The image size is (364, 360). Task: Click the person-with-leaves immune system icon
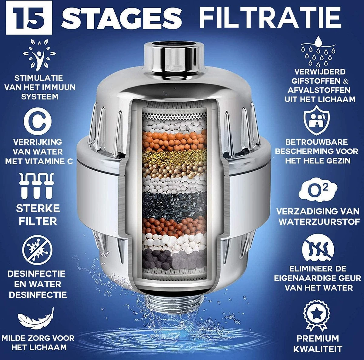tap(39, 55)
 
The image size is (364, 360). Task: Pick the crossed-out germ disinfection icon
tap(37, 251)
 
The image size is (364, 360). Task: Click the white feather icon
tap(36, 318)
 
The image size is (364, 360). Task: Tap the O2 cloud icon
tap(318, 190)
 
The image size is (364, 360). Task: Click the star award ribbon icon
tap(317, 316)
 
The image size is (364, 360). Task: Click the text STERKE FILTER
tap(38, 215)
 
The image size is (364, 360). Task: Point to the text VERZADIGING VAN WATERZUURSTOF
tap(318, 216)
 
